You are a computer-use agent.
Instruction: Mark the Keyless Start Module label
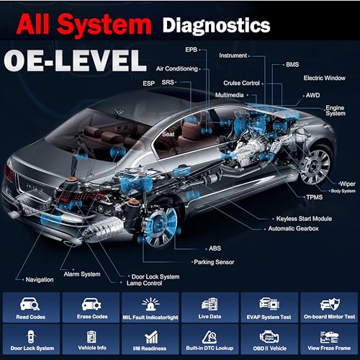click(303, 218)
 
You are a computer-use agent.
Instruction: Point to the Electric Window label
click(323, 77)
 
